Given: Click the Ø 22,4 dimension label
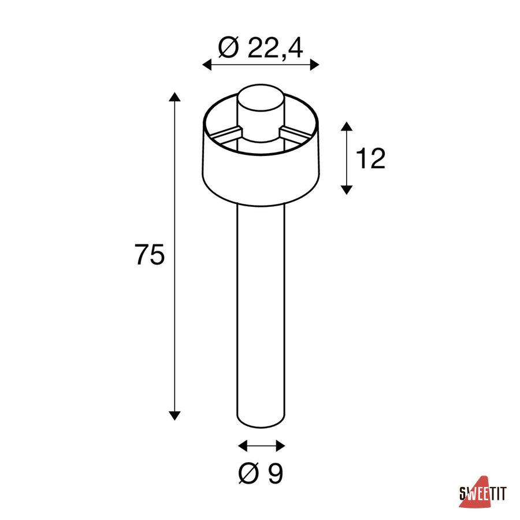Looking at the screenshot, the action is (x=261, y=49).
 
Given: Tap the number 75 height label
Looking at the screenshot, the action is (x=150, y=255).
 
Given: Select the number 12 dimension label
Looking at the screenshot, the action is (x=371, y=158).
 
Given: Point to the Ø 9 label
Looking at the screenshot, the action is (x=261, y=473).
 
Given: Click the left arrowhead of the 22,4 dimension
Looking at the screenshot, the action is (x=207, y=65).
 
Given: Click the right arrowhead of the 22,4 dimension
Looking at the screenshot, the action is (x=314, y=65).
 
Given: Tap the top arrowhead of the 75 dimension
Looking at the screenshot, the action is (x=174, y=97).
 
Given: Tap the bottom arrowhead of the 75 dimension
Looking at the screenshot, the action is (x=174, y=416).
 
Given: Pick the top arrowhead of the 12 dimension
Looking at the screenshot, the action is (x=347, y=126).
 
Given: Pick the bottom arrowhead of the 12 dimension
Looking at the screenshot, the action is (x=347, y=190).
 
